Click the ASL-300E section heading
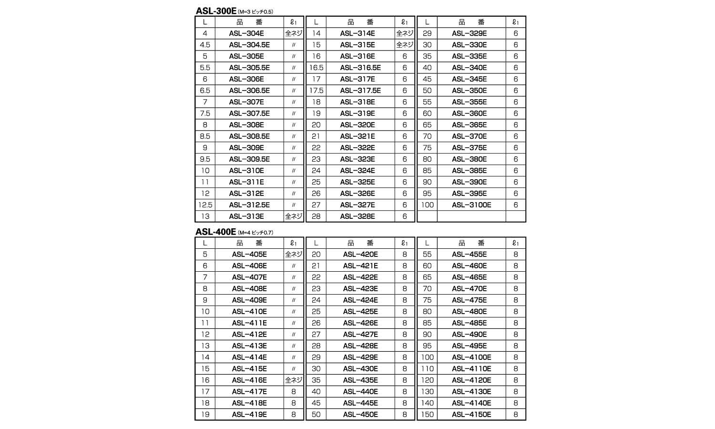pos(215,11)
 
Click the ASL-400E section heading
pos(215,232)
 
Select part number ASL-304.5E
pos(249,45)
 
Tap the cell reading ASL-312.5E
pos(249,205)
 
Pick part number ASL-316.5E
pos(360,68)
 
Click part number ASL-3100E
pos(471,205)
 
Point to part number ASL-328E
pos(357,216)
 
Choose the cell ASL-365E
pos(470,125)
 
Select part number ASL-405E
pos(249,255)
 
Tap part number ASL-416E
pos(249,380)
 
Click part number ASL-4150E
pos(471,415)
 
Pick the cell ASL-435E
pos(360,380)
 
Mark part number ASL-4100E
pos(471,357)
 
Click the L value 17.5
pos(317,91)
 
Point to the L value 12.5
pos(205,205)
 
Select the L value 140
pos(428,403)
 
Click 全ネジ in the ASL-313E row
pos(294,216)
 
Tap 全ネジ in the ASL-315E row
pos(405,45)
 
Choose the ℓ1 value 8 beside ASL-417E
pos(294,392)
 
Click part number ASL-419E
pos(249,415)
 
